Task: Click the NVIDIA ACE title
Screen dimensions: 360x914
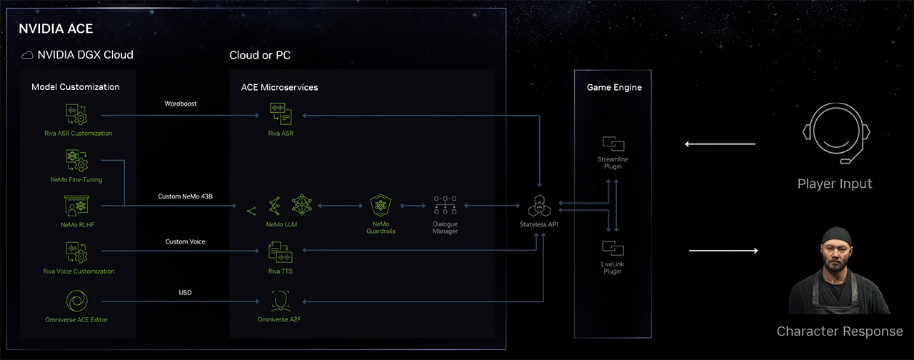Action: [56, 29]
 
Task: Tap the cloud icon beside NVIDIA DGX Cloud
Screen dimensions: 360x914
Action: [27, 55]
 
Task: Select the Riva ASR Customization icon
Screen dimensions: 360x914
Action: [77, 114]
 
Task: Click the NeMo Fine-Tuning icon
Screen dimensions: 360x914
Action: [77, 161]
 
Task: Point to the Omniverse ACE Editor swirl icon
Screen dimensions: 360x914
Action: [77, 300]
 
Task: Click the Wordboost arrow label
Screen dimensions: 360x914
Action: [180, 104]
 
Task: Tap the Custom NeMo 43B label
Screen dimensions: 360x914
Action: [185, 196]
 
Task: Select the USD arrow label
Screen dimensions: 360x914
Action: [185, 292]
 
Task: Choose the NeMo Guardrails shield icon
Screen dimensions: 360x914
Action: [379, 207]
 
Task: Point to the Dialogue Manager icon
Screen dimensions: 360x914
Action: [445, 206]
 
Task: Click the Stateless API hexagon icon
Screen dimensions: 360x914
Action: [539, 207]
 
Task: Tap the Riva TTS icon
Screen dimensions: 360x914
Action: [281, 251]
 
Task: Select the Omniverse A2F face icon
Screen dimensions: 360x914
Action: [281, 300]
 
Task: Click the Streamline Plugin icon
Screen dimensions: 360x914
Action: [613, 143]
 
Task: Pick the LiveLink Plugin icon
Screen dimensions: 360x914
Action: [613, 249]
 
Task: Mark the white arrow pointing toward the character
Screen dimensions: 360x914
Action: [723, 251]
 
